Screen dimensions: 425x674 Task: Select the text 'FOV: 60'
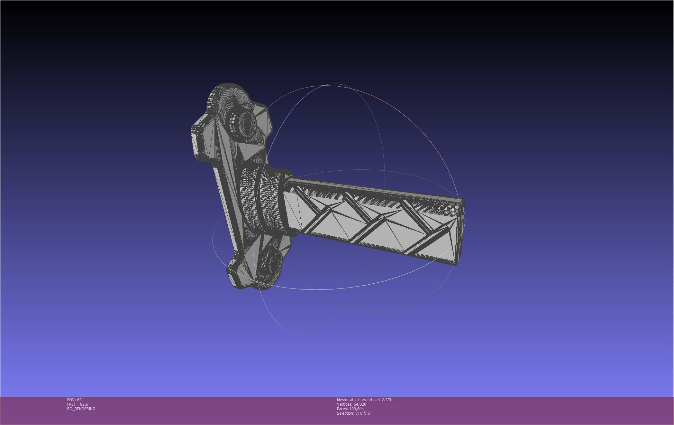click(74, 400)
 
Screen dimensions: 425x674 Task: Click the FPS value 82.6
click(84, 404)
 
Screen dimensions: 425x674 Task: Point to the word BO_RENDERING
click(81, 409)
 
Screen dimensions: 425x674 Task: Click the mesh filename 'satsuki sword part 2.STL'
click(370, 400)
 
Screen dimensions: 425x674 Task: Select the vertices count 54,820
click(360, 404)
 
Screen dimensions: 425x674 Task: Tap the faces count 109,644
click(356, 409)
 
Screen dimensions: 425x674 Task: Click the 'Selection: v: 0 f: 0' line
click(353, 413)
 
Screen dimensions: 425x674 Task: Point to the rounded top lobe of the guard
click(227, 92)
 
